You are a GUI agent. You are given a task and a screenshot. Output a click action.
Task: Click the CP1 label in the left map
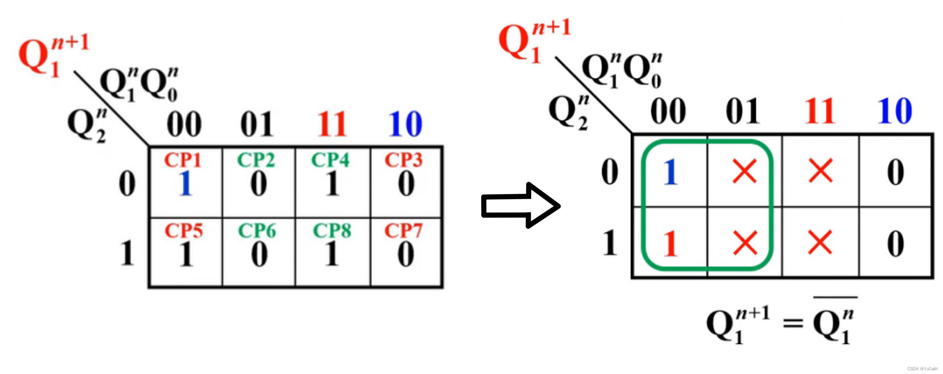tap(183, 160)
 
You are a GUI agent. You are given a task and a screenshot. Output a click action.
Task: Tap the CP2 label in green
tap(256, 160)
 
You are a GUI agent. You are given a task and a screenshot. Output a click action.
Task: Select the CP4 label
tap(330, 160)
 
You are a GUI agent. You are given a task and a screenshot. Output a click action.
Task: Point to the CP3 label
tap(403, 160)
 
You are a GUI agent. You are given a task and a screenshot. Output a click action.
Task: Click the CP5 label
tap(184, 230)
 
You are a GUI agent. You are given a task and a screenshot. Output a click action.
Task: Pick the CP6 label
tap(257, 230)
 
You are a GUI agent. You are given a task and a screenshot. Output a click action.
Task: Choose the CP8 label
tap(332, 230)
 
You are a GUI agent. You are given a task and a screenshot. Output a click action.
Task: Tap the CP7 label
tap(403, 230)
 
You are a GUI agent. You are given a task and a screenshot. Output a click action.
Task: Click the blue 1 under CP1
tap(185, 184)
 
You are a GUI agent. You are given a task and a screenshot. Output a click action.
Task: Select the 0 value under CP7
tap(406, 254)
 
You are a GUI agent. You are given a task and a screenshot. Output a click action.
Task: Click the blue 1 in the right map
tap(670, 172)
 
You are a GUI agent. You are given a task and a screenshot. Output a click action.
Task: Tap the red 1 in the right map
tap(670, 244)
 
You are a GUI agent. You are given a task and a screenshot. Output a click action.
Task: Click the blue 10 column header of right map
tap(895, 111)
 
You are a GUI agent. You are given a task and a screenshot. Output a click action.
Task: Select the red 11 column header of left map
tap(332, 124)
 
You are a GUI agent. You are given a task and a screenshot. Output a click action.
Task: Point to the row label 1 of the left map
tap(127, 254)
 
